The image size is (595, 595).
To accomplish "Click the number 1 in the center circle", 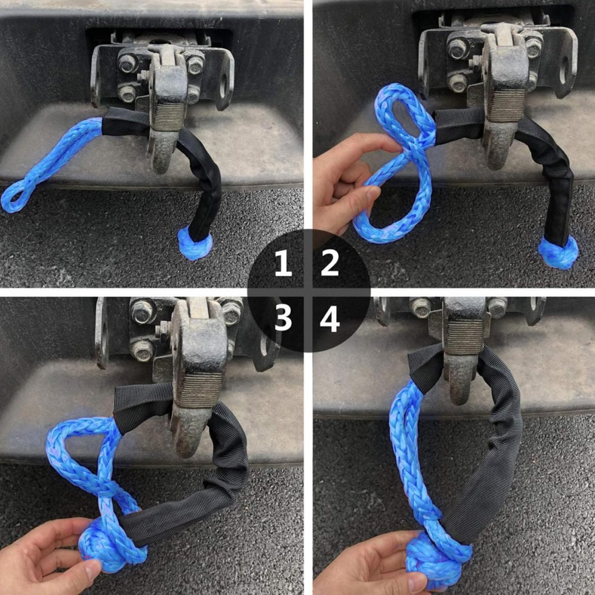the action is pyautogui.click(x=283, y=263).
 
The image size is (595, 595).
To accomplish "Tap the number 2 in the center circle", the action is pyautogui.click(x=330, y=263).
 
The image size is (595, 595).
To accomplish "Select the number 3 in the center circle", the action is pyautogui.click(x=283, y=319).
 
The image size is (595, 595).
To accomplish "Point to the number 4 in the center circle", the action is pyautogui.click(x=330, y=319).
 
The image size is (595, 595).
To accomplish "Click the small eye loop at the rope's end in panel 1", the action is pyautogui.click(x=15, y=198).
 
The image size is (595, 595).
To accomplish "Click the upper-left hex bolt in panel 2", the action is pyautogui.click(x=458, y=49).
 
